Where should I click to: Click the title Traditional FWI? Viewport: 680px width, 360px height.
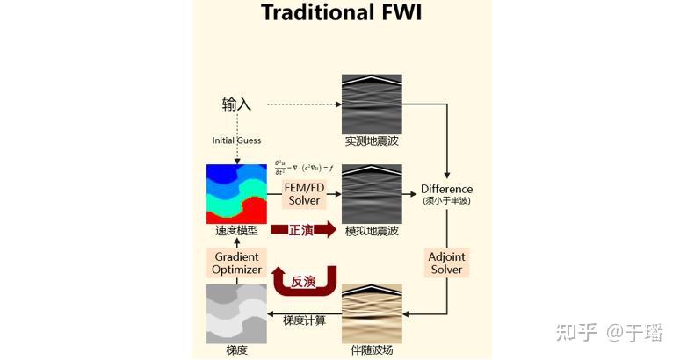coord(341,14)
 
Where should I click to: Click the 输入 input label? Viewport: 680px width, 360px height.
coord(236,104)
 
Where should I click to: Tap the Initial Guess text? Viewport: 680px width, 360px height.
coord(236,140)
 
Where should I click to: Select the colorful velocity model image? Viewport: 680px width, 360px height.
coord(236,193)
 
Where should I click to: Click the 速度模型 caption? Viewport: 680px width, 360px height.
coord(236,233)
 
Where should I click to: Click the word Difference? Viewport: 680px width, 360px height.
coord(446,189)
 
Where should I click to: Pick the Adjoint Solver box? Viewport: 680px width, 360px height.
coord(446,263)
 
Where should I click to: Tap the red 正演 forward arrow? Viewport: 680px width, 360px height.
coord(303,230)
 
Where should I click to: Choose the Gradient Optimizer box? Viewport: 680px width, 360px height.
coord(236,263)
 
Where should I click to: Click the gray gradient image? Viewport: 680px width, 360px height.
coord(236,313)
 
